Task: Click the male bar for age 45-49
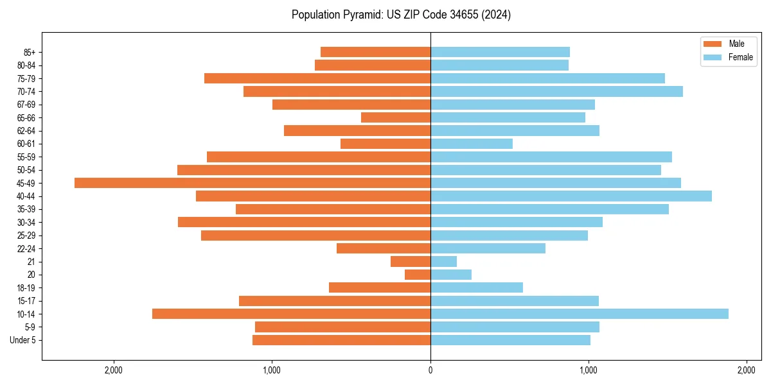pos(253,183)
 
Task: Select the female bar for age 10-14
pos(579,314)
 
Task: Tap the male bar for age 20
pos(418,275)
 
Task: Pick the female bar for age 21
pos(443,261)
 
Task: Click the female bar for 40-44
pos(571,196)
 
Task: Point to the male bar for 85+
pos(375,52)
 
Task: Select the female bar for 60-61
pos(471,144)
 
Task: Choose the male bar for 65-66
pos(395,117)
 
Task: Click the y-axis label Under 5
pos(22,340)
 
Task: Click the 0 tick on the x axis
pos(430,370)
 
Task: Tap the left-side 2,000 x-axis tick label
pos(114,370)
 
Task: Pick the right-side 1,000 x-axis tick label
pos(588,370)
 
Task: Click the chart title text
pos(401,15)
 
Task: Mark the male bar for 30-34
pos(304,222)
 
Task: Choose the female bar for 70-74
pos(556,91)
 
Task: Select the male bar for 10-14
pos(291,314)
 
